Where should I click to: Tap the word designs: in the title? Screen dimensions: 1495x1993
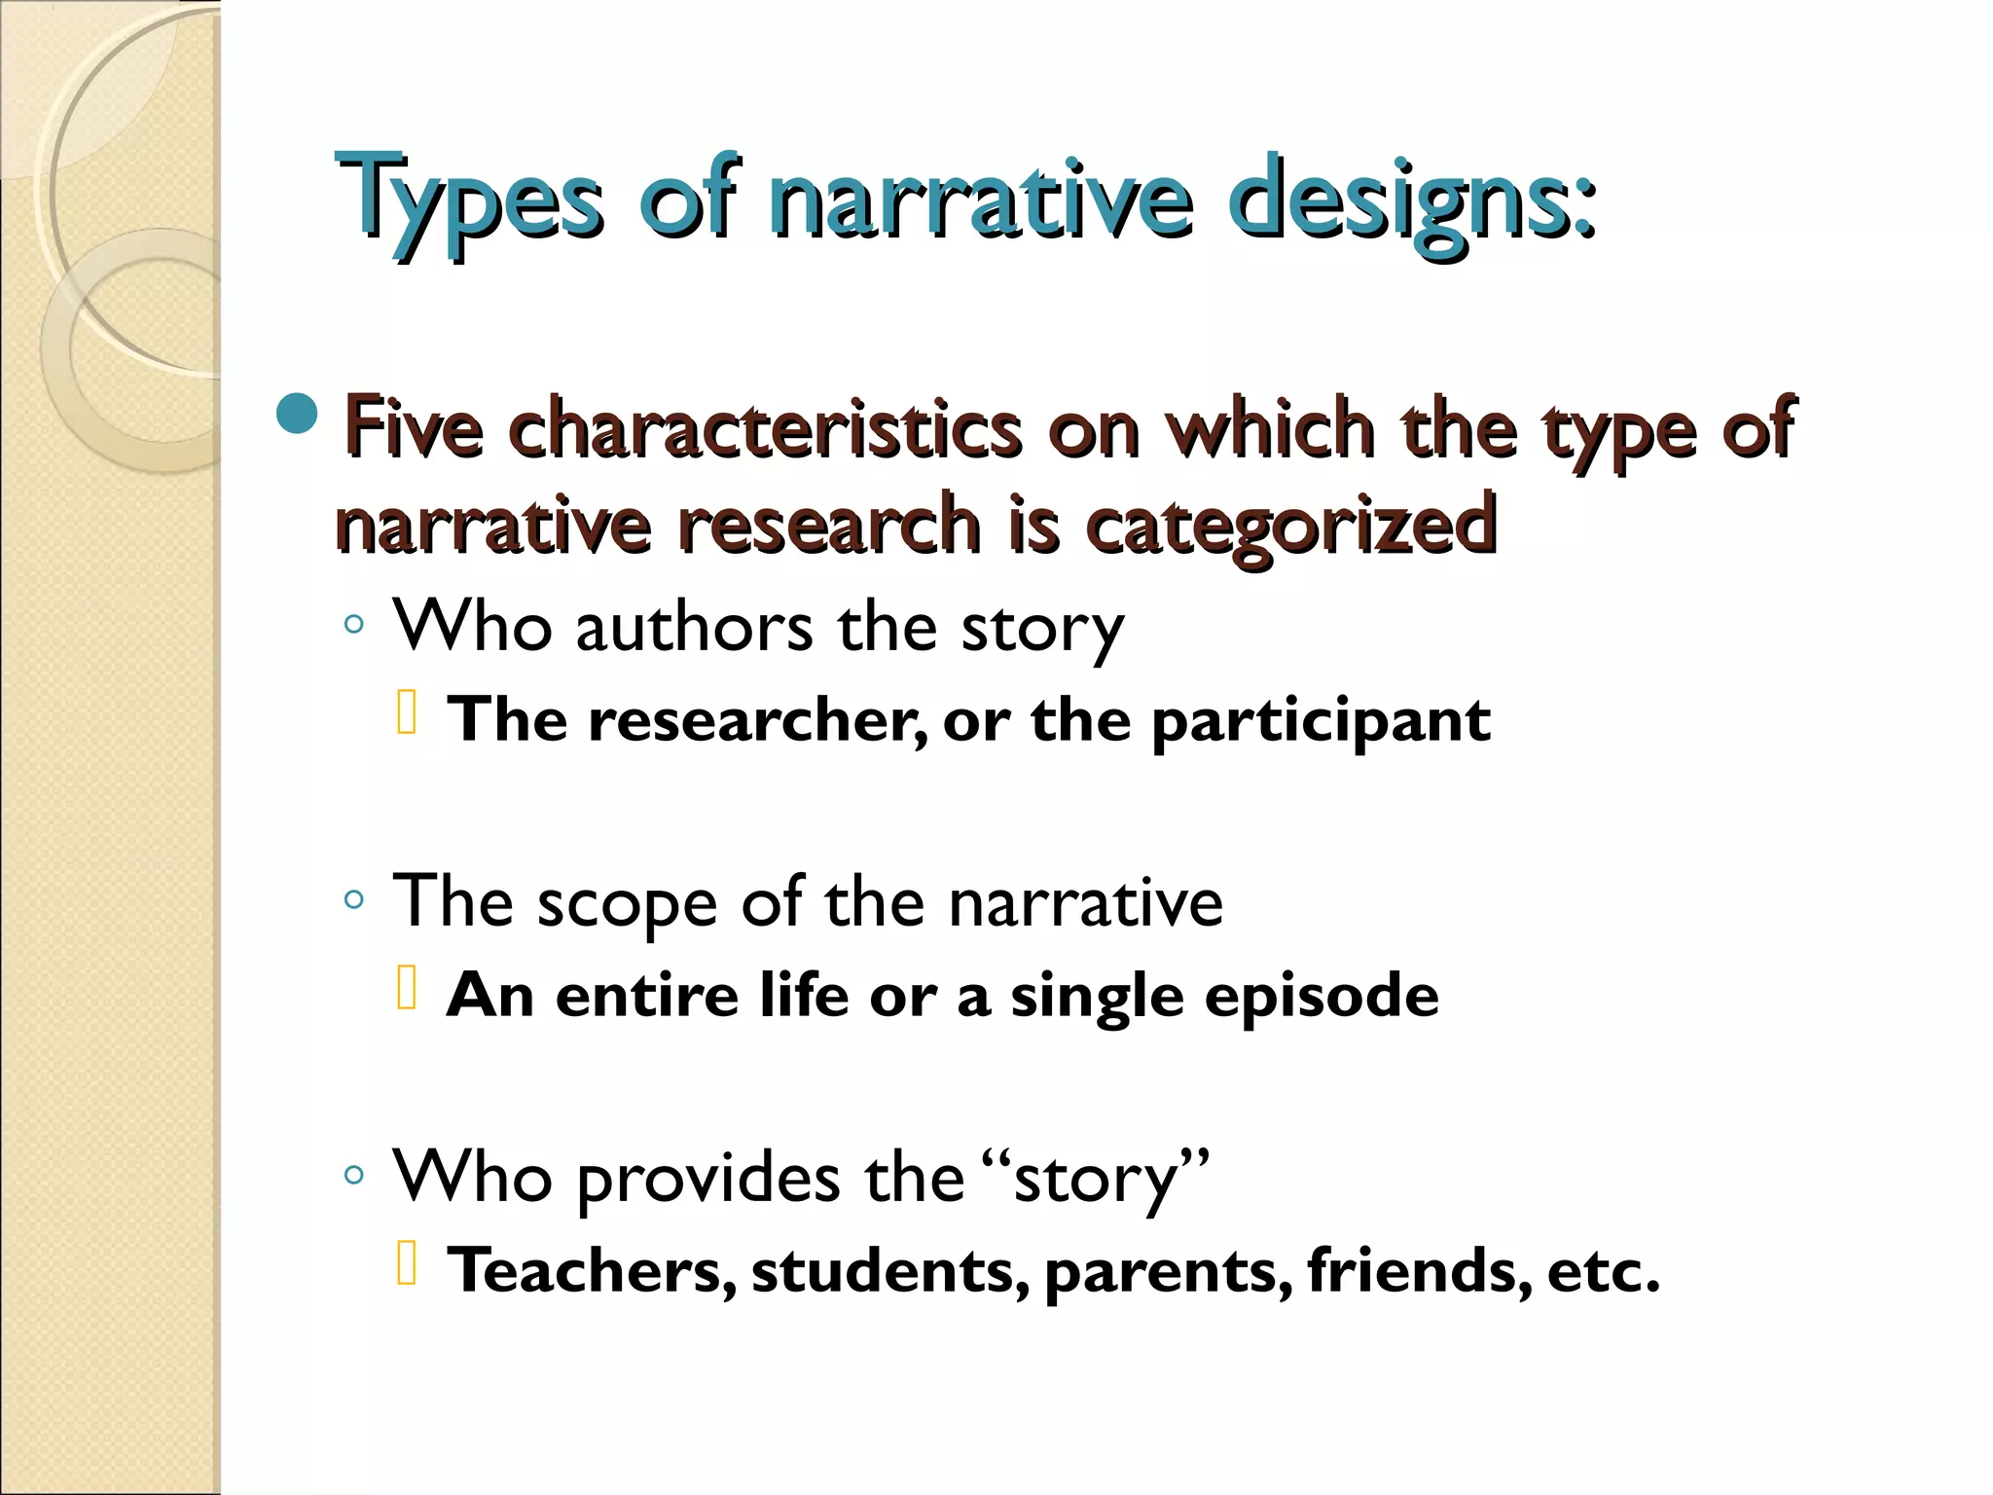click(1411, 200)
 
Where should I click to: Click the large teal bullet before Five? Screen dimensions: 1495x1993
click(297, 415)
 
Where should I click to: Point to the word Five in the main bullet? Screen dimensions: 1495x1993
click(414, 428)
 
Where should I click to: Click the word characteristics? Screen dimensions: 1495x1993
click(765, 428)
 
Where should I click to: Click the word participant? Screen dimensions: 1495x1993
click(1321, 721)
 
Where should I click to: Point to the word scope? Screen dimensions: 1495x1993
click(628, 904)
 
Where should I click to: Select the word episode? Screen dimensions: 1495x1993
click(1322, 996)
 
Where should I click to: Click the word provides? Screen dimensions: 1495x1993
click(708, 1179)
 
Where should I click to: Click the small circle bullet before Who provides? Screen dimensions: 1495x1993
click(354, 1176)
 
